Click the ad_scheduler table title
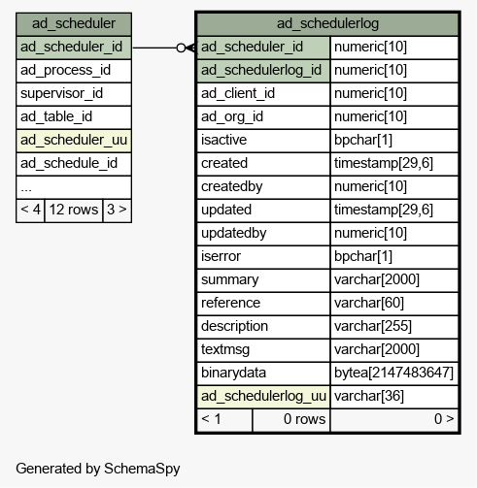(x=74, y=24)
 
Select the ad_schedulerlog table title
(x=327, y=24)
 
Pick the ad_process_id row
(x=74, y=71)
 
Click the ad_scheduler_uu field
(x=74, y=141)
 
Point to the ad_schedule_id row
(x=74, y=164)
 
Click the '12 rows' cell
(x=74, y=211)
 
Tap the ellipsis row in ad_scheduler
(x=74, y=187)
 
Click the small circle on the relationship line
(x=181, y=48)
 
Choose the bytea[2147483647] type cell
(x=394, y=374)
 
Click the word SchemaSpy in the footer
(x=142, y=469)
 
